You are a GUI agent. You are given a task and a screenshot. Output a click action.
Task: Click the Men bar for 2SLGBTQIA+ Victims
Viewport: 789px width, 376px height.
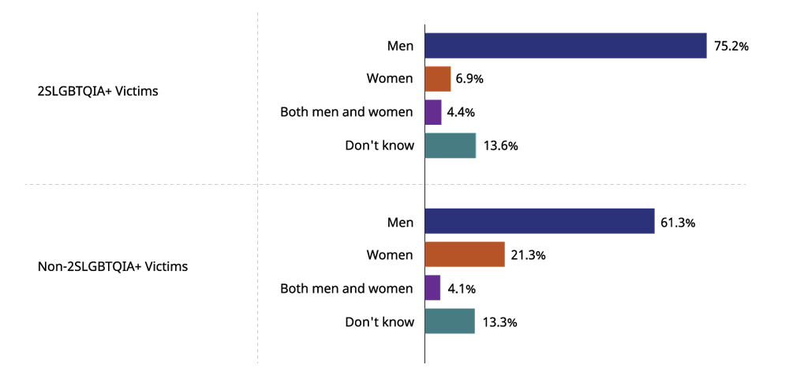click(x=566, y=46)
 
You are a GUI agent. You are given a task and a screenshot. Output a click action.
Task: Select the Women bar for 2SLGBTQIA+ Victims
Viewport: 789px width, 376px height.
click(x=438, y=79)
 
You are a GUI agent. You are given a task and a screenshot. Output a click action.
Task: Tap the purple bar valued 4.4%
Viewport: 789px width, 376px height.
click(x=433, y=112)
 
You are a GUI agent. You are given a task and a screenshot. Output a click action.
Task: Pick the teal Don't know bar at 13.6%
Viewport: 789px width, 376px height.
click(x=451, y=145)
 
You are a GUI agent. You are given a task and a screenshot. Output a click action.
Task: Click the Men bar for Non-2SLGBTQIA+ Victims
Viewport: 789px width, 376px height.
click(x=540, y=222)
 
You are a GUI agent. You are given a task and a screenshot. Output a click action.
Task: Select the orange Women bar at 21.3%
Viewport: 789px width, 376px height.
click(x=465, y=255)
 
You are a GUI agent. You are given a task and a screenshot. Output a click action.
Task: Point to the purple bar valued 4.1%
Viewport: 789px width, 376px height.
click(x=432, y=288)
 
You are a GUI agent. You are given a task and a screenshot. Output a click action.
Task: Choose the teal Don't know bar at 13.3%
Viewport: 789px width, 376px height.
click(x=450, y=321)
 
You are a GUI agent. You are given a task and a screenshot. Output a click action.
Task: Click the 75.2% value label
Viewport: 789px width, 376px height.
click(x=731, y=46)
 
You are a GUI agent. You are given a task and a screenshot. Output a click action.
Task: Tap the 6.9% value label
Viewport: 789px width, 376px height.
click(x=469, y=79)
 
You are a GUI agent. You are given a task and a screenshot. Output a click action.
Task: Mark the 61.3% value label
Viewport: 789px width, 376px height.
click(x=678, y=223)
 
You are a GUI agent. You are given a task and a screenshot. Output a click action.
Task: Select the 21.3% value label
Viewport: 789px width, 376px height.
click(x=529, y=256)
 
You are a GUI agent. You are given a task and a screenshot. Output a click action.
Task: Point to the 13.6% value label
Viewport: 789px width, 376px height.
click(x=500, y=146)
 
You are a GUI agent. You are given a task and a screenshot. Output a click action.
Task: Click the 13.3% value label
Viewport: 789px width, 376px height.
click(x=499, y=322)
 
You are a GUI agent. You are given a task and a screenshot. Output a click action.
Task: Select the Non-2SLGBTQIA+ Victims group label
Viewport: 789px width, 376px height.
click(x=113, y=267)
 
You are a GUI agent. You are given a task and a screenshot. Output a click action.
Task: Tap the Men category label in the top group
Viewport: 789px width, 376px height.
click(x=400, y=46)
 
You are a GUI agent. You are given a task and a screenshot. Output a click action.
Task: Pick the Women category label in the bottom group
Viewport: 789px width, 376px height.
click(x=390, y=255)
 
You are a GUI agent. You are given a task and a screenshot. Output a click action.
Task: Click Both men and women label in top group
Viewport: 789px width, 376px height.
click(x=346, y=112)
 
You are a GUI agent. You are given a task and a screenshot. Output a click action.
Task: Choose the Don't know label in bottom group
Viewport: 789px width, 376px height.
click(x=380, y=321)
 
